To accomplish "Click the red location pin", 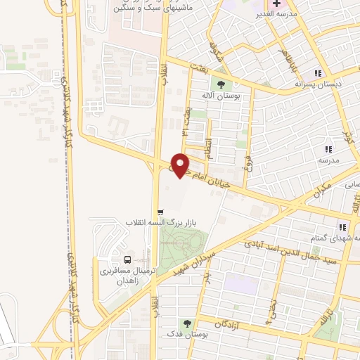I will [x=181, y=165].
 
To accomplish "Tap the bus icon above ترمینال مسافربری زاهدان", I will [x=127, y=257].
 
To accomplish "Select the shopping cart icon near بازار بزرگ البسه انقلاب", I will [x=160, y=212].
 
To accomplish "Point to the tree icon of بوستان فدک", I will [x=186, y=323].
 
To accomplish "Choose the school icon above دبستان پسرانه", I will [x=319, y=72].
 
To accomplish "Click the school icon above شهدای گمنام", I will [x=343, y=226].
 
